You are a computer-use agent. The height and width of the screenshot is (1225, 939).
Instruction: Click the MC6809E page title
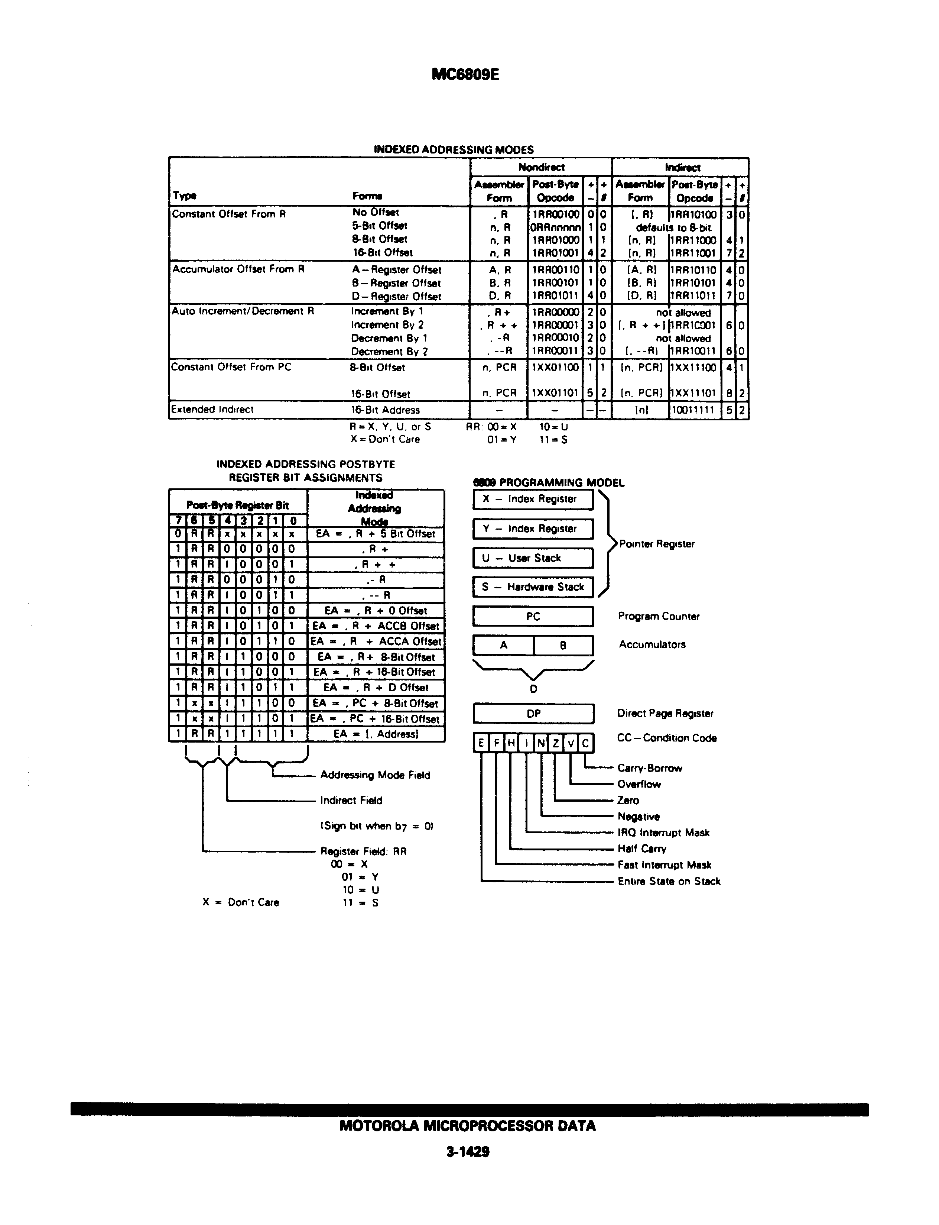click(465, 74)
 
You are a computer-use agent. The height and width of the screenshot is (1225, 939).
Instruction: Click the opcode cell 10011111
click(693, 410)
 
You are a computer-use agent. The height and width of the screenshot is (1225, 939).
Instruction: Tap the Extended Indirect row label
click(212, 409)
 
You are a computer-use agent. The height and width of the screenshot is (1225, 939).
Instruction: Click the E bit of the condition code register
click(481, 743)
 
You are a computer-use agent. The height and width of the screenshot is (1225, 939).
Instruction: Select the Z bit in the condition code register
click(556, 743)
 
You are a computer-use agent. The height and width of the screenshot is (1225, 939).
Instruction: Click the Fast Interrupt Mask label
click(664, 865)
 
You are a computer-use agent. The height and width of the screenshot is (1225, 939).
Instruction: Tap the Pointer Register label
click(657, 544)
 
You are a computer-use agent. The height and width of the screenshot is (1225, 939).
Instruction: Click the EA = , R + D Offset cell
click(376, 688)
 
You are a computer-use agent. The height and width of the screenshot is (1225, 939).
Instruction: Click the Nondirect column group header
click(541, 167)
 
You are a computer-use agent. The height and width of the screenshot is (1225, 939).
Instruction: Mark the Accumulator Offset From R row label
click(238, 269)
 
